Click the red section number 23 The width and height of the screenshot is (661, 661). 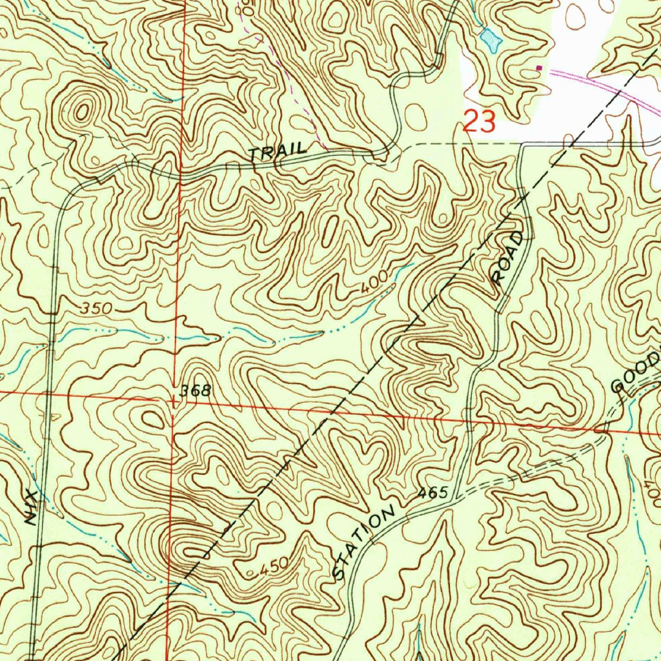click(x=479, y=121)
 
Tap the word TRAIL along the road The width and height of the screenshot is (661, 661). click(x=278, y=153)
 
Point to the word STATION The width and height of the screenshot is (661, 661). click(x=364, y=543)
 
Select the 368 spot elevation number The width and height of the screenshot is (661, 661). click(x=196, y=390)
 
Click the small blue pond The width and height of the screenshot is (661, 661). click(x=491, y=41)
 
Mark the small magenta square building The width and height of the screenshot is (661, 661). click(x=540, y=66)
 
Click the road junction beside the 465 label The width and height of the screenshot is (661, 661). click(x=456, y=498)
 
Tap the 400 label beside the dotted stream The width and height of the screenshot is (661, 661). click(x=374, y=281)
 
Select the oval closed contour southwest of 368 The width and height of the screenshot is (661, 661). click(x=154, y=421)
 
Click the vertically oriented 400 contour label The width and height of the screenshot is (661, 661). click(x=652, y=483)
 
